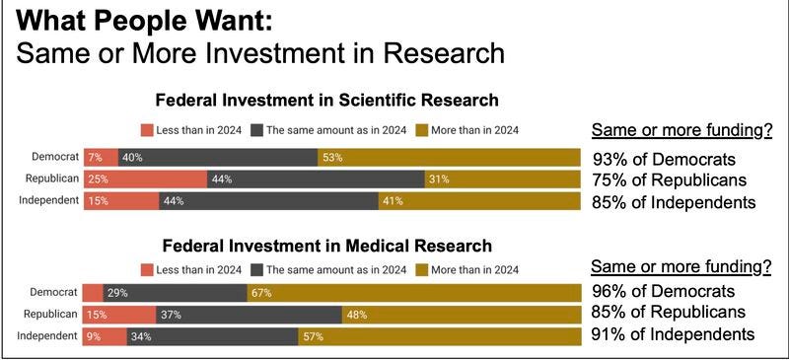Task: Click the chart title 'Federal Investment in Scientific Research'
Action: click(326, 100)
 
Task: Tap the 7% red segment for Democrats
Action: click(100, 157)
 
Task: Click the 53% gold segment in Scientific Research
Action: click(449, 157)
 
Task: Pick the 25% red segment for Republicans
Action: click(144, 179)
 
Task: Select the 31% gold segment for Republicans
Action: click(502, 179)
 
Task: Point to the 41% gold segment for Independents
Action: click(478, 201)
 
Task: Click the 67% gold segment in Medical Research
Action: click(413, 292)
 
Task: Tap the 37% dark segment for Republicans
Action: click(249, 314)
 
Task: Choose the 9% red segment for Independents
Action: click(104, 336)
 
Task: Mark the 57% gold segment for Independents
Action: click(439, 336)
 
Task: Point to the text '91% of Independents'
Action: click(674, 335)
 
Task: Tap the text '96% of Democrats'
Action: click(663, 292)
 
